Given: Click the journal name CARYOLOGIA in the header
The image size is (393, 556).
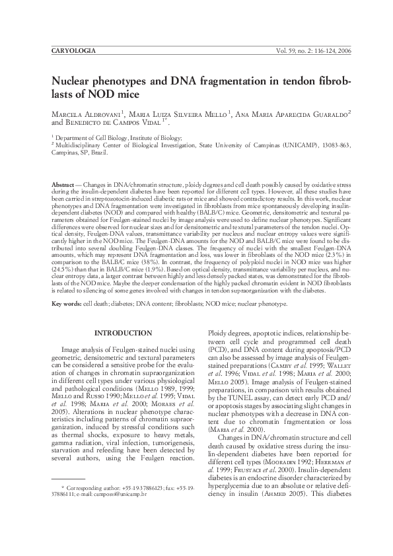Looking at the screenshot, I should pyautogui.click(x=73, y=51).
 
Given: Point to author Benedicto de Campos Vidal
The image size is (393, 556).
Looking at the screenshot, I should pyautogui.click(x=118, y=123).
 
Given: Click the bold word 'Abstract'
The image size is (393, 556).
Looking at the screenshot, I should pyautogui.click(x=64, y=182).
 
